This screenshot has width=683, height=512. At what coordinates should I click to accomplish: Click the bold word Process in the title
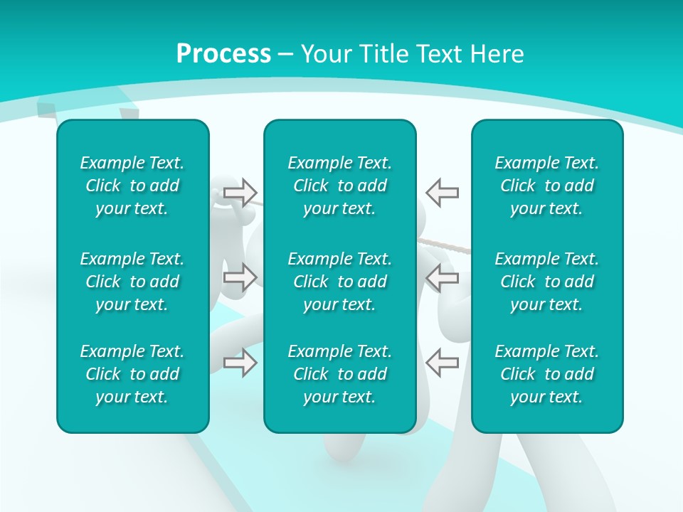[223, 54]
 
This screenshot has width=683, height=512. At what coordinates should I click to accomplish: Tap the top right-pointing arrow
[240, 192]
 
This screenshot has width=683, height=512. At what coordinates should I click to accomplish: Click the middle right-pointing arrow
[240, 277]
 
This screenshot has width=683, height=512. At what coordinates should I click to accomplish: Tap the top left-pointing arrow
[442, 192]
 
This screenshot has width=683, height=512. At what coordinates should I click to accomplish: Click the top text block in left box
[132, 186]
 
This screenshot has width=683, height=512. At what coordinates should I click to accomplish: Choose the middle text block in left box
[132, 282]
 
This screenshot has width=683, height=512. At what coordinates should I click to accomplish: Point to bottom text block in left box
[132, 374]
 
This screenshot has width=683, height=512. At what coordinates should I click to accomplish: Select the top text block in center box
[339, 186]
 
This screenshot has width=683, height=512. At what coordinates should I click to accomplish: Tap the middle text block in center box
[339, 282]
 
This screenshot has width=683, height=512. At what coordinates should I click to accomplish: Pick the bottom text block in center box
[339, 374]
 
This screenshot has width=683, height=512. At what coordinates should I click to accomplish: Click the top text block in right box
[546, 186]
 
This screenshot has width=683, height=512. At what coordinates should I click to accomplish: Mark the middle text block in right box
[546, 282]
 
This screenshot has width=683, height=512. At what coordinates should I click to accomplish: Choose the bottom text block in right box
[546, 374]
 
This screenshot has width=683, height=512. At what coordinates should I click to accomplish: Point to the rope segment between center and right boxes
[445, 246]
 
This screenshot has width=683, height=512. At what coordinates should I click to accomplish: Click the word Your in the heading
[325, 54]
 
